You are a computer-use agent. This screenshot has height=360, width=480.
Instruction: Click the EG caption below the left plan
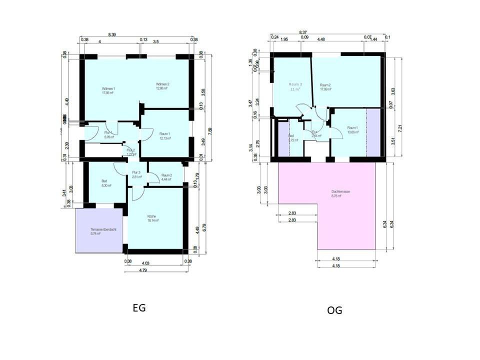click(139, 308)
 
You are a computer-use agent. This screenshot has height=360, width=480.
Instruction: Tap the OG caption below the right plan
click(334, 310)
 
